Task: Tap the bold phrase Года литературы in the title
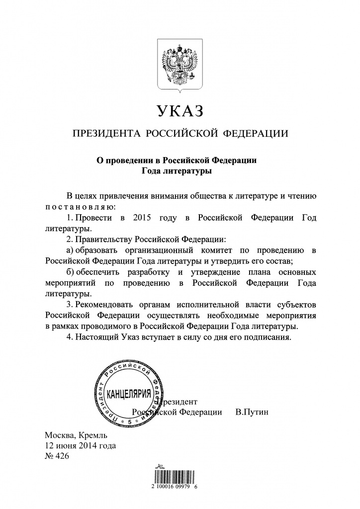(x=180, y=171)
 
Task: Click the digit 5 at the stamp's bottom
(x=130, y=422)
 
